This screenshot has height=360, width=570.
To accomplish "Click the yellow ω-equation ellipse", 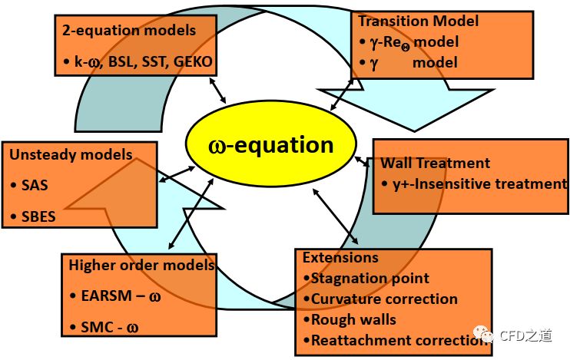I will coord(270,145).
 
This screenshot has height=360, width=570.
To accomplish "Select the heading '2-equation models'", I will coord(130,31).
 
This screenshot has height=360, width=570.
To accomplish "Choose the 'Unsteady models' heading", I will coord(71,154).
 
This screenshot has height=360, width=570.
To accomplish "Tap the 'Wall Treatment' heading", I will coord(436,163).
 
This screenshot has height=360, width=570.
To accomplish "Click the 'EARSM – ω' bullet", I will coord(121,296).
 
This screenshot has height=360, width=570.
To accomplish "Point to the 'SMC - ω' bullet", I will coord(110,327).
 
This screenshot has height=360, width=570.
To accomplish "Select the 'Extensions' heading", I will coord(340,257).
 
